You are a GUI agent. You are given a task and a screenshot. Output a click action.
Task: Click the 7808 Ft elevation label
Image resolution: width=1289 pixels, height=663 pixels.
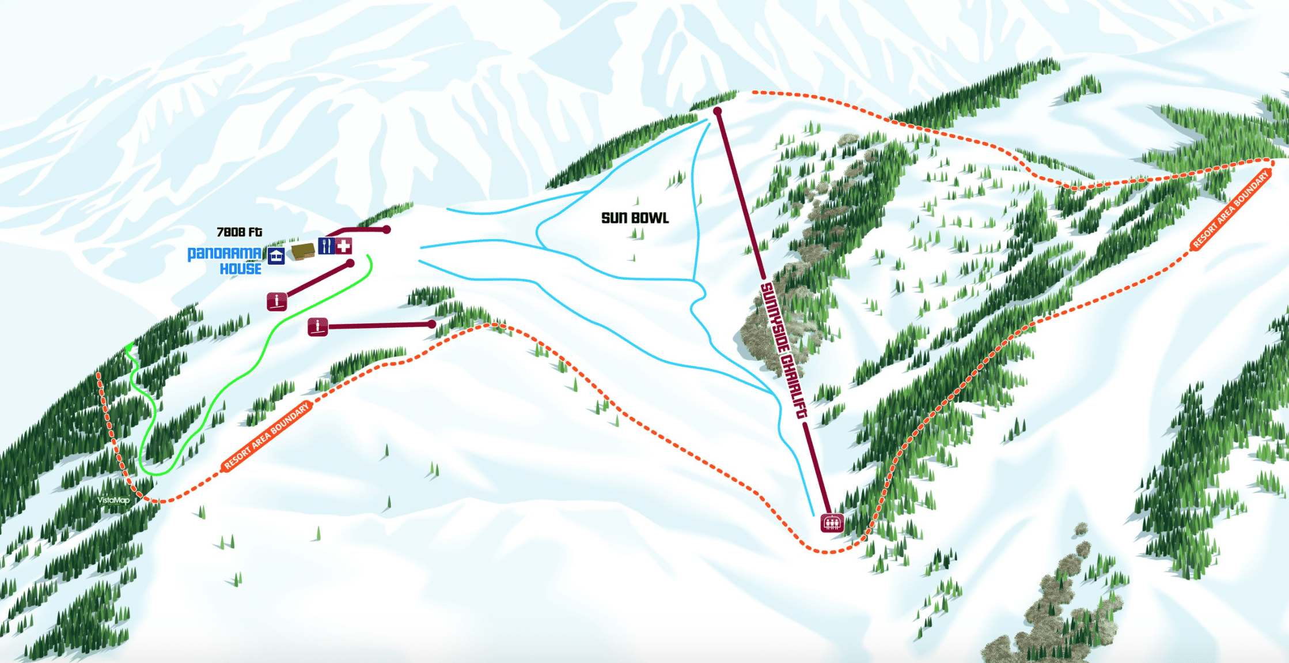[x=239, y=232]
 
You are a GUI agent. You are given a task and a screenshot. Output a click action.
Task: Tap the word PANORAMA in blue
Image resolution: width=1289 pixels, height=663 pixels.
[x=225, y=254]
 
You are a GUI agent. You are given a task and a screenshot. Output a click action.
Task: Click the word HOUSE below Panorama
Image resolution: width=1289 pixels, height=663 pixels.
[x=241, y=269]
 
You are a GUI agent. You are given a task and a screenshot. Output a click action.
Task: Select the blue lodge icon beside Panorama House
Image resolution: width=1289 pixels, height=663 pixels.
[x=276, y=255]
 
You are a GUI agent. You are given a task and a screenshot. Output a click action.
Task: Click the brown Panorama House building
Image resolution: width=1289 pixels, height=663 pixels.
[x=302, y=251]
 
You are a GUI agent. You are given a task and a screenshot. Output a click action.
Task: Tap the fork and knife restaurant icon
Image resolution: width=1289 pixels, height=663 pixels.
[x=326, y=246]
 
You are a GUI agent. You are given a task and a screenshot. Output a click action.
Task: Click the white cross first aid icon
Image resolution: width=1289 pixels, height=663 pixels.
[x=344, y=246]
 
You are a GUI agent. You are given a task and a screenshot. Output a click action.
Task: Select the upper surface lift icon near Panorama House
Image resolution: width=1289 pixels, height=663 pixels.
[x=277, y=301]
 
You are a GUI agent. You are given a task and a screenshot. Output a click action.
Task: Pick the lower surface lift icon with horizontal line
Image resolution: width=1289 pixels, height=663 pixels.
[x=317, y=327]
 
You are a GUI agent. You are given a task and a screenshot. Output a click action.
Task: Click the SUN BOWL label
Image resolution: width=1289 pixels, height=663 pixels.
[x=635, y=218]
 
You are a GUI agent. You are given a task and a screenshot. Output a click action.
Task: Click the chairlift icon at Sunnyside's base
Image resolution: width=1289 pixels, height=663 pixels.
[x=832, y=523]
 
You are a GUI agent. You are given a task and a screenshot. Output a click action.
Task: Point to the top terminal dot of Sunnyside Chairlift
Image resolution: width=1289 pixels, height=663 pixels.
[x=717, y=111]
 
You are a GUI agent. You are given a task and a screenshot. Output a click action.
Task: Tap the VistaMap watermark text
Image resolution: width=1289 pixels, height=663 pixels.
[x=113, y=500]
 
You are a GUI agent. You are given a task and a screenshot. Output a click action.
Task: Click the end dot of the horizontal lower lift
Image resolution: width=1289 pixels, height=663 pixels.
[x=432, y=325]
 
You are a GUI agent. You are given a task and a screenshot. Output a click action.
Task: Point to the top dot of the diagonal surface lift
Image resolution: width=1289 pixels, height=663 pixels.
[x=350, y=263]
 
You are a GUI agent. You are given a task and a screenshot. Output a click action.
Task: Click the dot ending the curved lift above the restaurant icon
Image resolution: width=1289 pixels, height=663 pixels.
[x=387, y=229]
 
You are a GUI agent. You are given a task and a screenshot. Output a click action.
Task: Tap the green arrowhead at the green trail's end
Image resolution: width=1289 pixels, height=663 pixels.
[x=129, y=347]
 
